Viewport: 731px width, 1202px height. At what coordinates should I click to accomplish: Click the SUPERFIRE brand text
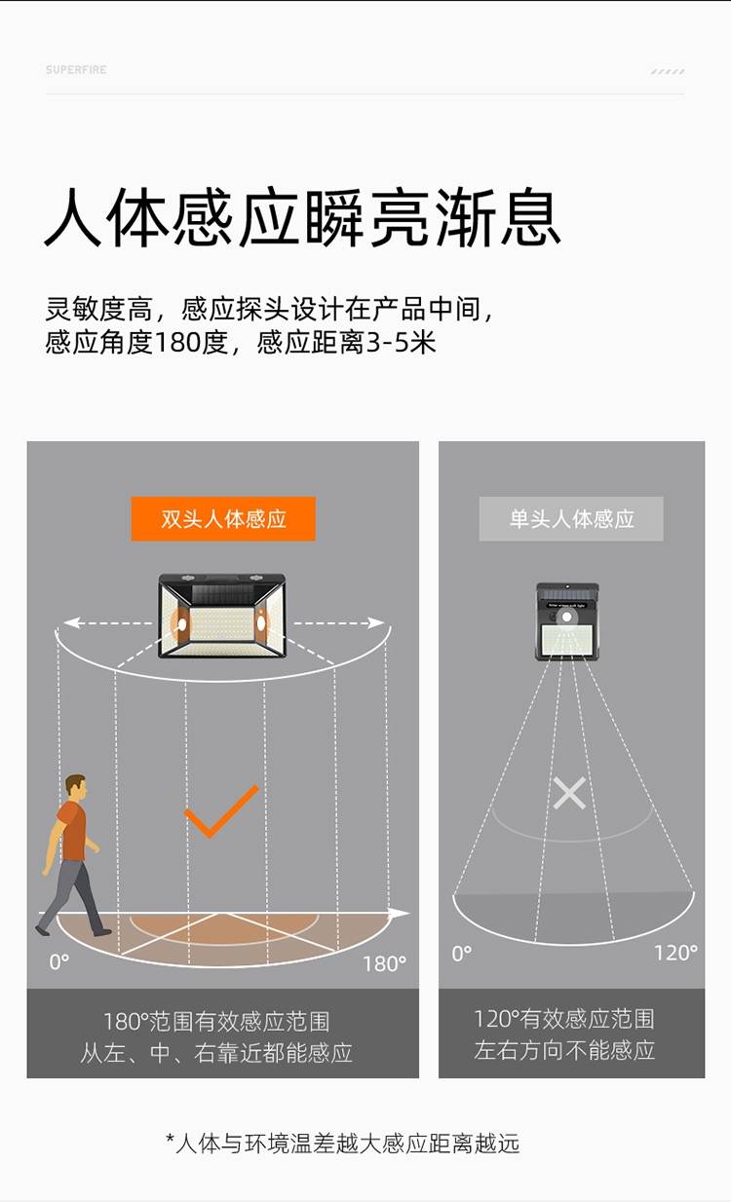point(76,70)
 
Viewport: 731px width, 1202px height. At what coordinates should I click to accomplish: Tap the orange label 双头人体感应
point(223,519)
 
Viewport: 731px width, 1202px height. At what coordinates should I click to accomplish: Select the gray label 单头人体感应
point(571,519)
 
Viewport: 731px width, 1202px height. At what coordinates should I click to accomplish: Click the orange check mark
point(221,810)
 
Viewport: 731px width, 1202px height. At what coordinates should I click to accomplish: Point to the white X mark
point(569,794)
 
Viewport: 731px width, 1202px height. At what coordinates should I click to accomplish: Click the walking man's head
point(76,787)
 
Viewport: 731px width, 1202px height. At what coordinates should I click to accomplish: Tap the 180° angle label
point(384,964)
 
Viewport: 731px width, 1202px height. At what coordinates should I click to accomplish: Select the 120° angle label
point(675,953)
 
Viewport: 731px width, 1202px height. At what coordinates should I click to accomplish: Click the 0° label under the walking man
point(59,962)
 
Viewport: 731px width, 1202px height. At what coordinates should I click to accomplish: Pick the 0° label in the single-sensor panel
point(461,954)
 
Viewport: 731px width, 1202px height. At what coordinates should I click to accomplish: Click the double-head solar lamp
point(222,616)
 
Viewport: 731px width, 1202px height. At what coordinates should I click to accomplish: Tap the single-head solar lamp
point(567,621)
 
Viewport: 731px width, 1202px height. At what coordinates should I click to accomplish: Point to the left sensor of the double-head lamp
point(182,624)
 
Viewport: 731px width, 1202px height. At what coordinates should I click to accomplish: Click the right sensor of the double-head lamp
point(261,623)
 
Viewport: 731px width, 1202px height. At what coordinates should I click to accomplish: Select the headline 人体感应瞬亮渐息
point(302,218)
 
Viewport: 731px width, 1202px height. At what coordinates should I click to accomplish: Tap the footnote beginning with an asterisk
point(343,1144)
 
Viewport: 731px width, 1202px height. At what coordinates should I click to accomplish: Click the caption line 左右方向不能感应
point(564,1050)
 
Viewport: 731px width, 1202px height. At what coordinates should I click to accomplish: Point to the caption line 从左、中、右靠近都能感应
point(216,1053)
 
